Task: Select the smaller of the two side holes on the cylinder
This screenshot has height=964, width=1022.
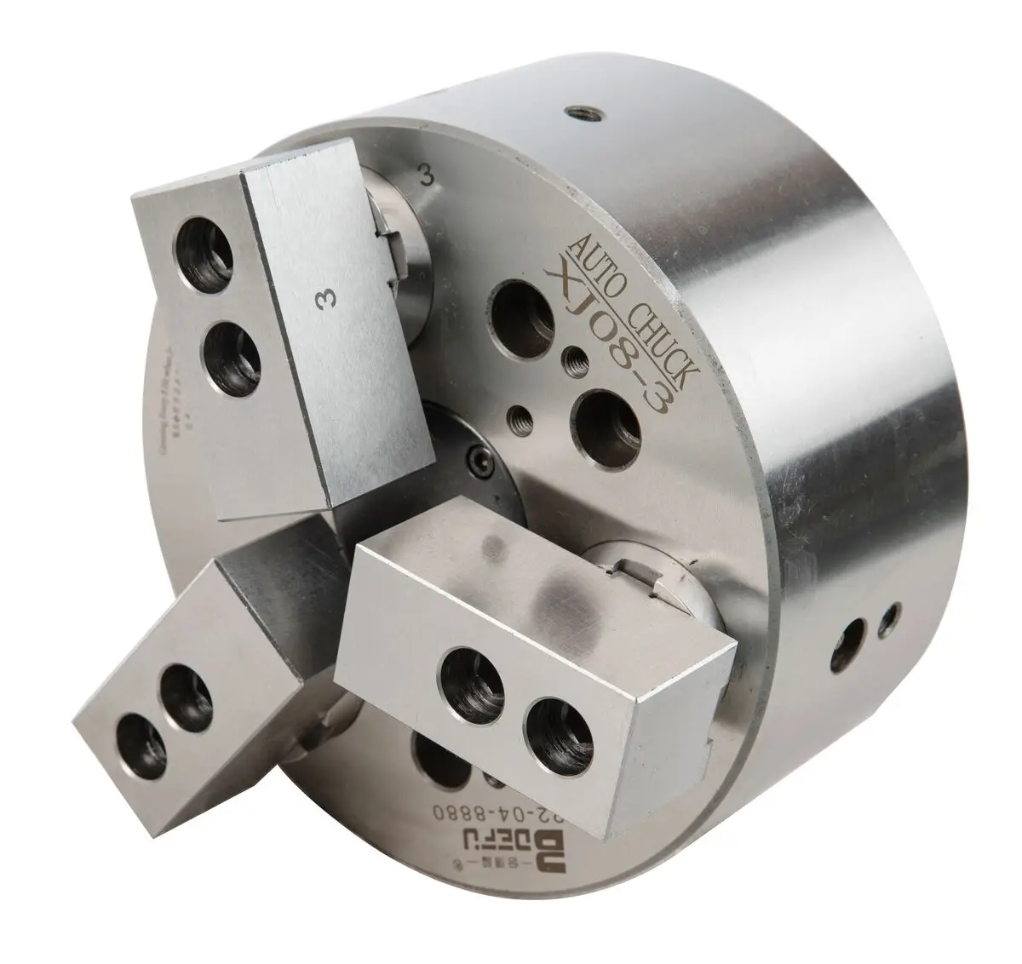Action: pyautogui.click(x=891, y=615)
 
